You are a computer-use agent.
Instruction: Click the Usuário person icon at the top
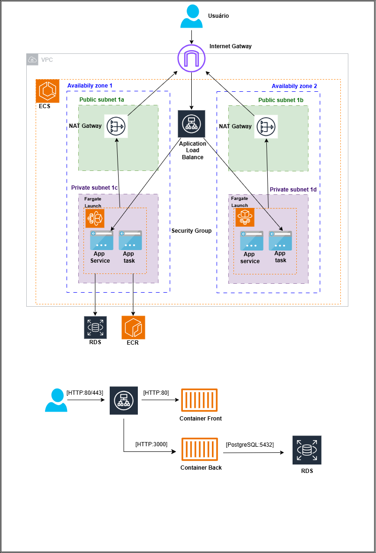click(192, 16)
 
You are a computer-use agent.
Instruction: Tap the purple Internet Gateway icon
click(191, 59)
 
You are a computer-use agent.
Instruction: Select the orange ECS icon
click(48, 91)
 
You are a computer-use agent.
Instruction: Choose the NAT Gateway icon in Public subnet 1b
click(266, 126)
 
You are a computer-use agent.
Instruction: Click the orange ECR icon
click(134, 327)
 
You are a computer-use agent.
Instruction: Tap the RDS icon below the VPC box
click(96, 327)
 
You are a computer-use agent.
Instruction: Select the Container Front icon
click(200, 401)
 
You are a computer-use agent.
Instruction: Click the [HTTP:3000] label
click(151, 444)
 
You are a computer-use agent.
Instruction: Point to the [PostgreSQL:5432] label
click(250, 444)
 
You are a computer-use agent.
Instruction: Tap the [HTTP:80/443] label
click(84, 392)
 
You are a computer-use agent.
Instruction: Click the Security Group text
click(191, 231)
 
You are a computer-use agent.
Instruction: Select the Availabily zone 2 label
click(294, 86)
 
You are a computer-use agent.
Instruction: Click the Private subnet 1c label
click(94, 188)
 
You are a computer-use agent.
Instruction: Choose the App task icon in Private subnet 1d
click(280, 240)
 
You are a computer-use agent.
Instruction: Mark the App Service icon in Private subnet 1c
click(102, 240)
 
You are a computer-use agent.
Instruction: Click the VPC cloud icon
click(32, 59)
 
